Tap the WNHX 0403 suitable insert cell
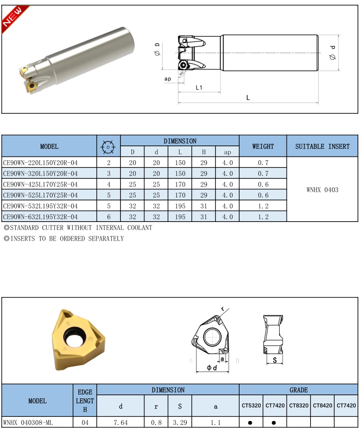click(322, 189)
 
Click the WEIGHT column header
click(263, 146)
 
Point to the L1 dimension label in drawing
click(199, 88)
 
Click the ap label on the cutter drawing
click(168, 79)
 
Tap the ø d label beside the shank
click(333, 53)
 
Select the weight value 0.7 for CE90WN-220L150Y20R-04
click(263, 163)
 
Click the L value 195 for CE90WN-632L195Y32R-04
click(180, 216)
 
